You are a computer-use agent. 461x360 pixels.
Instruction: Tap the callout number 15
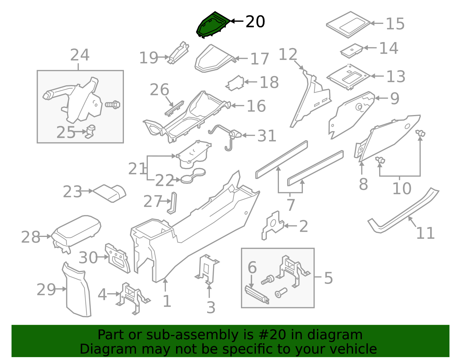[395, 24]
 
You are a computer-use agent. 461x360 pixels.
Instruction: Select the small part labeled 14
[351, 50]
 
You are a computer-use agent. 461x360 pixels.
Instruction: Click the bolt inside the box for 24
[113, 104]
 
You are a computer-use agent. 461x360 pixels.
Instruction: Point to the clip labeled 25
[90, 131]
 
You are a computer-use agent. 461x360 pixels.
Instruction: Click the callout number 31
[267, 136]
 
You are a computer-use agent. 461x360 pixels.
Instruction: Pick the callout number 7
[290, 205]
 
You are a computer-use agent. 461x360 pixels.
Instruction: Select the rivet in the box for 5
[281, 293]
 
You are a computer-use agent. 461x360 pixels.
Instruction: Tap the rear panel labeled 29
[77, 291]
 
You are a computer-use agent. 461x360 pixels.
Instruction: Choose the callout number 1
[167, 301]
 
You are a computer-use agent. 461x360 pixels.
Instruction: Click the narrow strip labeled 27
[173, 203]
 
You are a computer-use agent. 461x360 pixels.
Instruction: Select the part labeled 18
[236, 83]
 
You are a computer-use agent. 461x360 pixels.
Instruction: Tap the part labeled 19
[179, 53]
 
